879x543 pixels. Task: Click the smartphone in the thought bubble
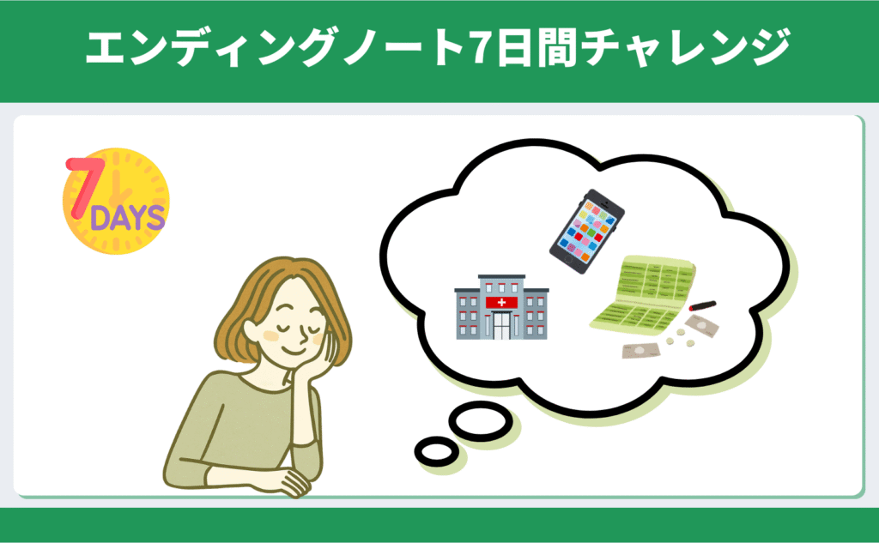coord(587,231)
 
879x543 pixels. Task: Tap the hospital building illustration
coord(501,307)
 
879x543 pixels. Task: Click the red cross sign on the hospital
coord(501,303)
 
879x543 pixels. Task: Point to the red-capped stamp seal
coord(702,306)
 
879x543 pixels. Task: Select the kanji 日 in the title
coord(513,48)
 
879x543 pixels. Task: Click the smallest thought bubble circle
coord(437,451)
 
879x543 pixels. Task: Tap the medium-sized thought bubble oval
coord(481,421)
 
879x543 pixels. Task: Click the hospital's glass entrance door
coord(501,326)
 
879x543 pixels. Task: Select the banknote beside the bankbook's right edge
coord(700,326)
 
